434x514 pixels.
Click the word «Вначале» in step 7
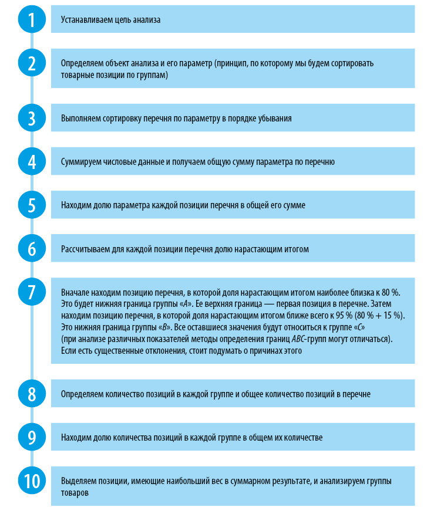point(75,292)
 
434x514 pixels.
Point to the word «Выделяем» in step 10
point(77,481)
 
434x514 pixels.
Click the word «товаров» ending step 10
point(75,493)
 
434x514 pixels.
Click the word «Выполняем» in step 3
point(79,119)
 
